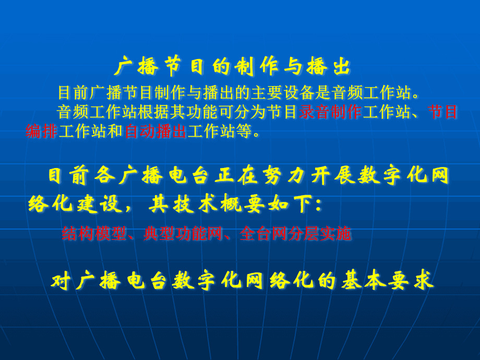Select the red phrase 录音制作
point(330,112)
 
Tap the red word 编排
point(42,131)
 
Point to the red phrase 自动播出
point(155,131)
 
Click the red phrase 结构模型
point(94,234)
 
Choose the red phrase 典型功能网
point(183,234)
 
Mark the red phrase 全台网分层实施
point(295,234)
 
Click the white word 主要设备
point(283,92)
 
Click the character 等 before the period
point(244,131)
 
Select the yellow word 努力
point(284,176)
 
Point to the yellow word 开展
point(333,176)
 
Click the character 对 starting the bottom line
point(61,280)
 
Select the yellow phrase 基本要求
point(388,280)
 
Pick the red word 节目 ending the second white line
point(442,112)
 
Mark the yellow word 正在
point(236,176)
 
